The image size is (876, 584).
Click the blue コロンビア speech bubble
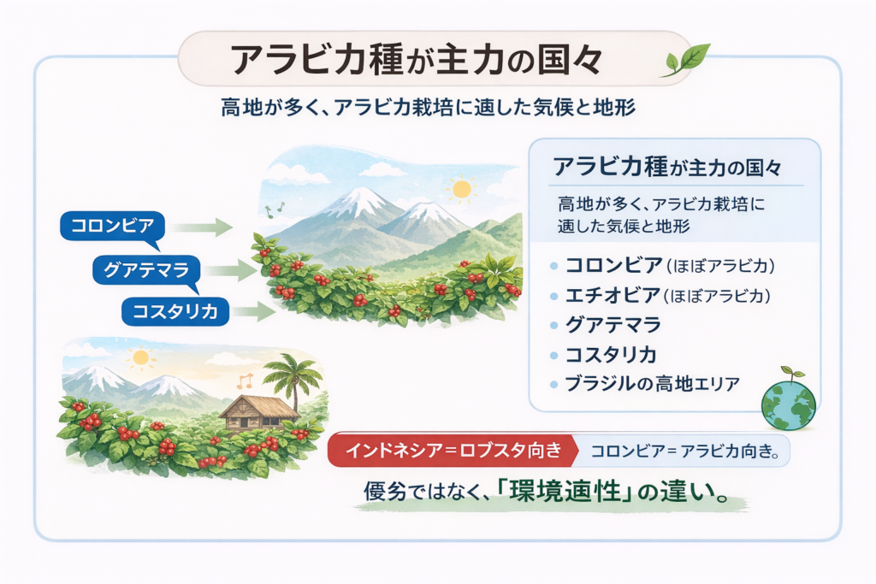[x=112, y=226]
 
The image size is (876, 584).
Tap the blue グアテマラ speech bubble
[x=146, y=270]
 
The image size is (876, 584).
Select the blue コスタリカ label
[x=175, y=311]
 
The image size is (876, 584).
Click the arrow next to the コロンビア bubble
[x=202, y=227]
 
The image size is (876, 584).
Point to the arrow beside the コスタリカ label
[x=255, y=311]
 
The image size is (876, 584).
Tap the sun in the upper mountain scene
[x=462, y=189]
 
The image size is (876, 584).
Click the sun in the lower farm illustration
[x=141, y=357]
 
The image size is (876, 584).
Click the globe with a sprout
[x=789, y=400]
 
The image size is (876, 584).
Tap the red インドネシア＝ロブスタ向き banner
[x=453, y=450]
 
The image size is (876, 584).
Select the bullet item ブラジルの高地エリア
[x=652, y=384]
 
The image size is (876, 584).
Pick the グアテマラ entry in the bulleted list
[x=613, y=325]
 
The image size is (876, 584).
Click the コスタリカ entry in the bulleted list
[x=611, y=355]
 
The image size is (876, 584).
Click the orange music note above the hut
[x=245, y=380]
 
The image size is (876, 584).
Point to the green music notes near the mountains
[x=274, y=210]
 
